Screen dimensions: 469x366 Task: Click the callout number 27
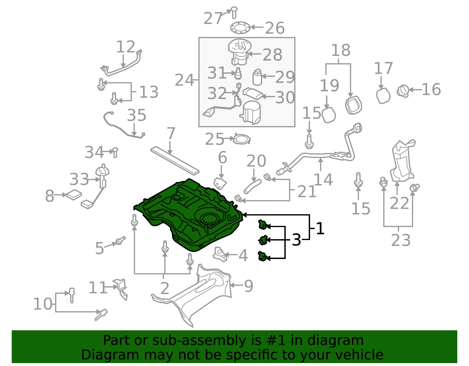(213, 18)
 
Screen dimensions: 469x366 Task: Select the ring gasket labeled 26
(240, 28)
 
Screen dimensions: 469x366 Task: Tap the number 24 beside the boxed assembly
(184, 80)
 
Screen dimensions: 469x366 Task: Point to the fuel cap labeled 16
(403, 91)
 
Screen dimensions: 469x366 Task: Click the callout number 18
(341, 50)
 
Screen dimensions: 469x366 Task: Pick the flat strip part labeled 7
(175, 161)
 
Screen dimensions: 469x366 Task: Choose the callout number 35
(136, 115)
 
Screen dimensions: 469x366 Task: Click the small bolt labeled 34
(115, 152)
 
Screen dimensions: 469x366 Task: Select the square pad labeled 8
(74, 195)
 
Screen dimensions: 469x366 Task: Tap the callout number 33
(79, 179)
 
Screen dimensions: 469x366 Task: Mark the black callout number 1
(320, 228)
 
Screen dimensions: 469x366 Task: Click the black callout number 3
(296, 240)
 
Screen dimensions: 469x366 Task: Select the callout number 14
(323, 179)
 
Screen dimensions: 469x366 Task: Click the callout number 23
(401, 240)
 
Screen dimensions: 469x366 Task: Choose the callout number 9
(248, 286)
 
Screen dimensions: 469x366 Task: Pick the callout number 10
(43, 304)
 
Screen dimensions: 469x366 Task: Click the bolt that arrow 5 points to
(121, 241)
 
